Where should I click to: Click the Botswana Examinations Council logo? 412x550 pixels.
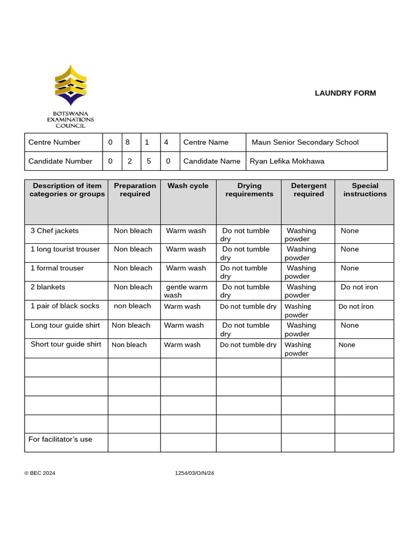pyautogui.click(x=70, y=96)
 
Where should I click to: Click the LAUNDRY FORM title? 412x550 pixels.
pyautogui.click(x=345, y=93)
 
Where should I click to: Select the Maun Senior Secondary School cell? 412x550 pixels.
pyautogui.click(x=305, y=142)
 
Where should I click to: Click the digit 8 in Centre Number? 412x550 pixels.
pyautogui.click(x=128, y=142)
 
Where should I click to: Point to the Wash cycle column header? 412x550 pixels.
pyautogui.click(x=188, y=186)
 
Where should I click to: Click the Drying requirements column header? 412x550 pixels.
pyautogui.click(x=249, y=190)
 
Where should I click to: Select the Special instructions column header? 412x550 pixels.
pyautogui.click(x=365, y=190)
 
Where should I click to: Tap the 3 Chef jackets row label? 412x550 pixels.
pyautogui.click(x=54, y=230)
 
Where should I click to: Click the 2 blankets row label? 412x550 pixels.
pyautogui.click(x=48, y=287)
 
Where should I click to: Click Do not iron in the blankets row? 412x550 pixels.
pyautogui.click(x=359, y=287)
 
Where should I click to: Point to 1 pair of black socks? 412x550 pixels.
pyautogui.click(x=65, y=306)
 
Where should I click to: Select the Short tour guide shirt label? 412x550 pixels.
pyautogui.click(x=65, y=344)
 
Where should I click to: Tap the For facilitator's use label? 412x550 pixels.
pyautogui.click(x=60, y=439)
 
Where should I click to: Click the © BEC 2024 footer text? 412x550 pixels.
pyautogui.click(x=40, y=473)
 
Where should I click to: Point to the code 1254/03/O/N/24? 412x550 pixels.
pyautogui.click(x=194, y=473)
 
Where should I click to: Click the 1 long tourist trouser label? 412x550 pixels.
pyautogui.click(x=65, y=249)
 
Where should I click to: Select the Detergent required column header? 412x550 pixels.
pyautogui.click(x=308, y=190)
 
